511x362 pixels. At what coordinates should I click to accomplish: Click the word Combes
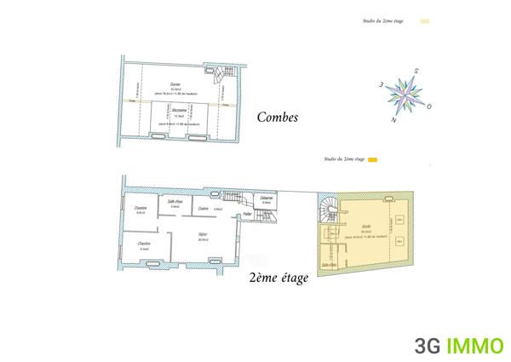(x=278, y=118)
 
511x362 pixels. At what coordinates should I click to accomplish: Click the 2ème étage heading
(x=278, y=278)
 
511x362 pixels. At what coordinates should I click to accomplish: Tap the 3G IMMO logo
(x=458, y=345)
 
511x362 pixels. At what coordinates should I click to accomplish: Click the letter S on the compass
(x=416, y=71)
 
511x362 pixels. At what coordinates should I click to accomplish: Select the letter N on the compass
(x=393, y=120)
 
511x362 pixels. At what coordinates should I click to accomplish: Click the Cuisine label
(x=203, y=208)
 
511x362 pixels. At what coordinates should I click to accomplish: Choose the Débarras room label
(x=266, y=198)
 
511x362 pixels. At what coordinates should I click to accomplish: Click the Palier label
(x=247, y=215)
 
